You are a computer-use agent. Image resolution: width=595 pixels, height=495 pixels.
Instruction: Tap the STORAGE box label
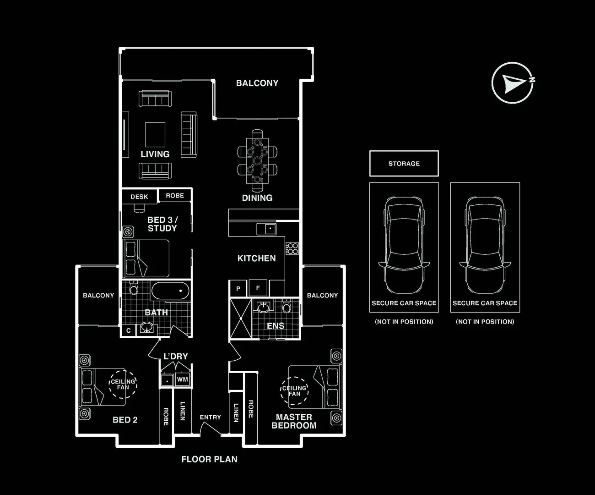point(404,164)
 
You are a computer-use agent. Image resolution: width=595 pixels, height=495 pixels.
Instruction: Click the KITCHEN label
point(256,258)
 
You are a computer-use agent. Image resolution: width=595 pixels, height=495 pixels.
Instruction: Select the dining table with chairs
point(257,160)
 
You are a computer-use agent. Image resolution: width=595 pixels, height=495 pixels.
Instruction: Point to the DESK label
point(139,197)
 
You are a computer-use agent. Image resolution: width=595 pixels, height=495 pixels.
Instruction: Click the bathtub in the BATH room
point(170,291)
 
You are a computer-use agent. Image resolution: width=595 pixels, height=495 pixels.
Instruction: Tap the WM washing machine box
point(182,379)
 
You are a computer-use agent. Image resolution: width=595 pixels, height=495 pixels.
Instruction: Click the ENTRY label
point(210,417)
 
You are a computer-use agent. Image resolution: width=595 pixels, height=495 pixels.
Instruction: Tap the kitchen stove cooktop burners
point(292,248)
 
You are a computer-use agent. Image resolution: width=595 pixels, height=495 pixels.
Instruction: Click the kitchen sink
point(266,229)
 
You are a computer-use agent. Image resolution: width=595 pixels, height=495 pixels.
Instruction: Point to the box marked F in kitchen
point(258,288)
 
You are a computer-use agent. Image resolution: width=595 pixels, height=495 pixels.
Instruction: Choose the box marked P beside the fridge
point(238,288)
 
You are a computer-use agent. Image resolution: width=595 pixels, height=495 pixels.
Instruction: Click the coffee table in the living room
point(155,135)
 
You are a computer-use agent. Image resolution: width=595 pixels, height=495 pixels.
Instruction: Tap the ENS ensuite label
point(275,326)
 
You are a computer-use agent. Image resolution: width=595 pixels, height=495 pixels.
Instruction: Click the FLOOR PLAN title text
point(209,459)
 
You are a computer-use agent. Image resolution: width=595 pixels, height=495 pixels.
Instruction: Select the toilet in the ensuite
point(287,306)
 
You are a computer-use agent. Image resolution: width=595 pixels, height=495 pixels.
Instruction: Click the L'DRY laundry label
point(176,356)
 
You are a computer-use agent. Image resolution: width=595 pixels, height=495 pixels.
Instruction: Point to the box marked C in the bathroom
point(129,330)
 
